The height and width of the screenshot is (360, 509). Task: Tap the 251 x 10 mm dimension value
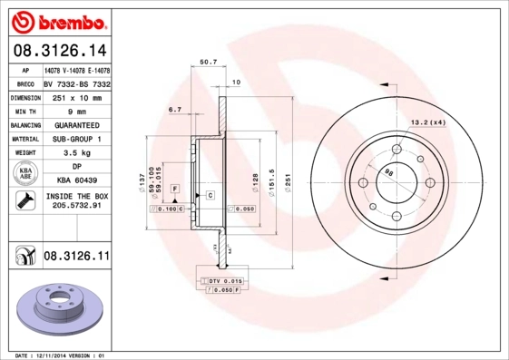click(x=77, y=97)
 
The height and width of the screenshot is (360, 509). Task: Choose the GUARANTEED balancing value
click(x=77, y=124)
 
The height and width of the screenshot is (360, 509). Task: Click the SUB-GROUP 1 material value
click(x=77, y=139)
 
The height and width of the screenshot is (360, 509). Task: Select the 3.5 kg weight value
click(x=77, y=152)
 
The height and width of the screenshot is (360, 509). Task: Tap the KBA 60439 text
click(x=77, y=180)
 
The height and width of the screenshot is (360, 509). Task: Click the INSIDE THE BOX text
click(x=77, y=196)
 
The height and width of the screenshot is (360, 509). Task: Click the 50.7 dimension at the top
click(x=207, y=63)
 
